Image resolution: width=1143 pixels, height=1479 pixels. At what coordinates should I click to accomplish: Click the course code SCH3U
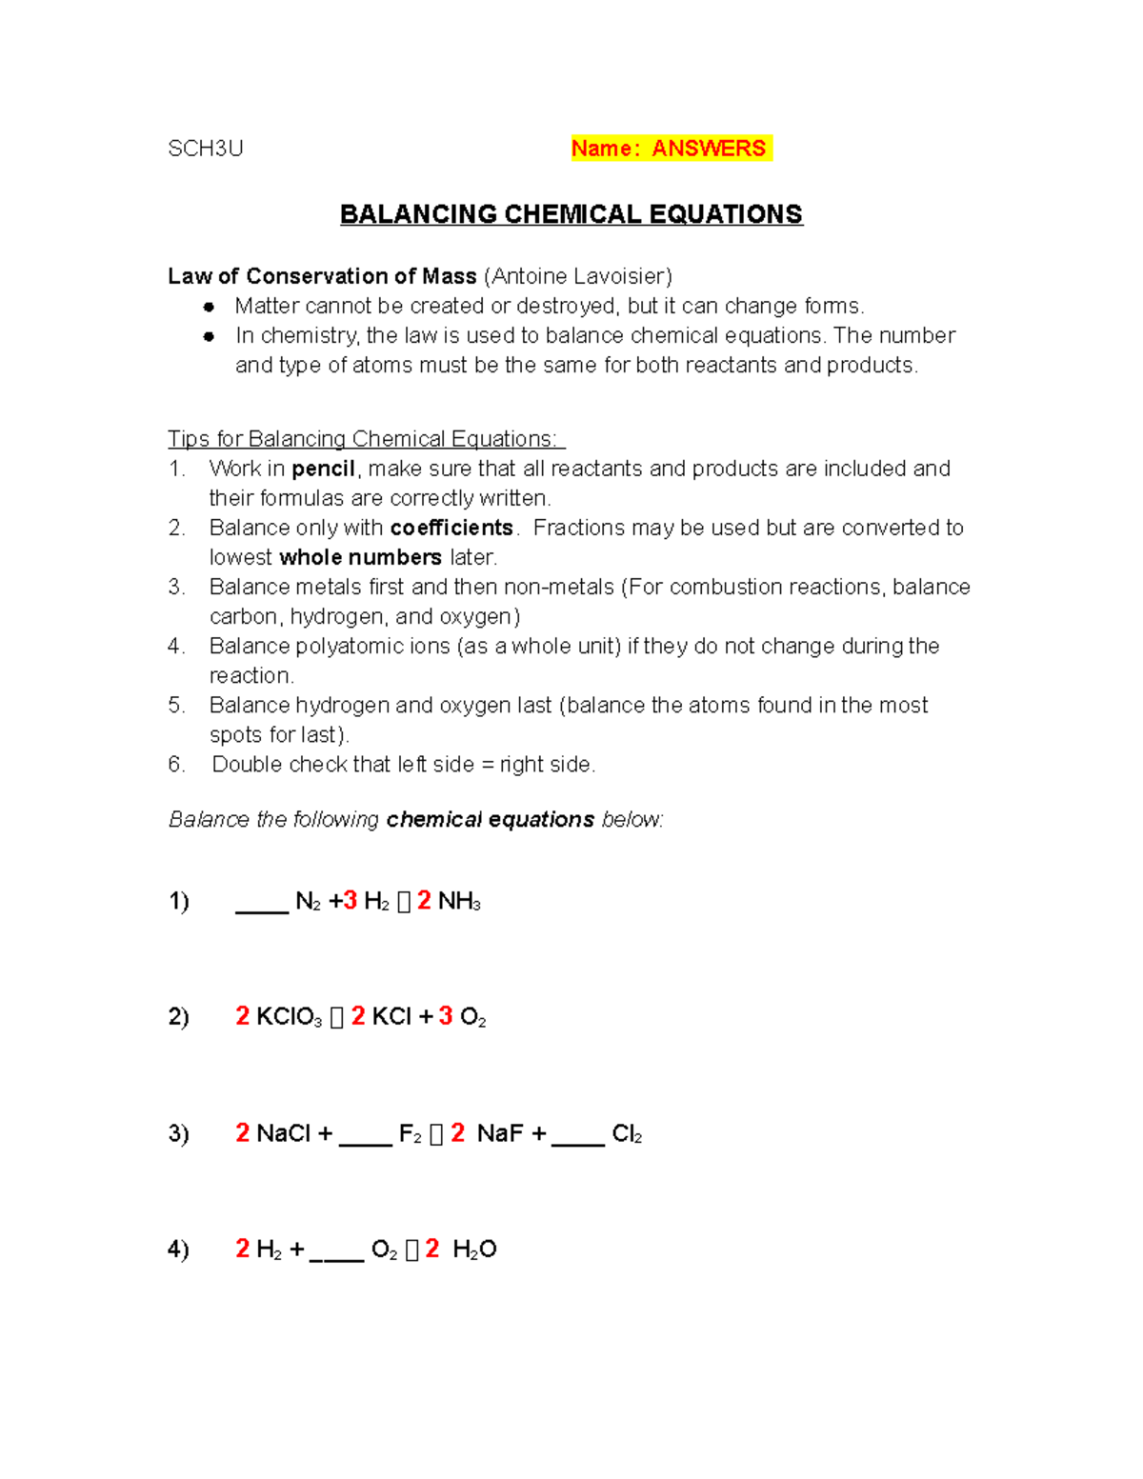(x=206, y=149)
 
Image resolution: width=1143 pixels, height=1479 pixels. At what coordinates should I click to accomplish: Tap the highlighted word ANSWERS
(x=709, y=149)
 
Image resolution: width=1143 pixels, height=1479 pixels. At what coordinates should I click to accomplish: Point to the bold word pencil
(x=323, y=469)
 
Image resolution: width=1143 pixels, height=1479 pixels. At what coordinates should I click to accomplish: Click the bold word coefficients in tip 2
(x=451, y=528)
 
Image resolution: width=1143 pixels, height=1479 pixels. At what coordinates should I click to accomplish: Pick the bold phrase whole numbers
(x=360, y=557)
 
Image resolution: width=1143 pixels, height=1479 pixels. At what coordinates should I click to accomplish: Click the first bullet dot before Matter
(x=209, y=307)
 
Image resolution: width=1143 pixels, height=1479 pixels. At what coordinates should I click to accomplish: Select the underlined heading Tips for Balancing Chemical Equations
(x=366, y=439)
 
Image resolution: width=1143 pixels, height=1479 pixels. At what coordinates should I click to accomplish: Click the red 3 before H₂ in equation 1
(x=351, y=901)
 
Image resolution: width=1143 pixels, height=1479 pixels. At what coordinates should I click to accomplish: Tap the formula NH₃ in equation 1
(x=459, y=902)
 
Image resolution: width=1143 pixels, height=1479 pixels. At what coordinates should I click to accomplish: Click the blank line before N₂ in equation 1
(x=262, y=905)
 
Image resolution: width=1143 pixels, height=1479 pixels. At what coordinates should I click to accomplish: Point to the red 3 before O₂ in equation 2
(x=446, y=1016)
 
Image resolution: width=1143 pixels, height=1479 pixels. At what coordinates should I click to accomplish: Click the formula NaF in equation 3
(x=500, y=1133)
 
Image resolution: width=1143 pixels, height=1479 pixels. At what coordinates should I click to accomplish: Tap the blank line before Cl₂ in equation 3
(x=578, y=1137)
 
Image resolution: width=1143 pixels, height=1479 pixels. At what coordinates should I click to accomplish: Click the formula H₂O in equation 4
(x=474, y=1249)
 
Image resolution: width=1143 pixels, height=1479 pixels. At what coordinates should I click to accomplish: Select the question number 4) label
(x=178, y=1249)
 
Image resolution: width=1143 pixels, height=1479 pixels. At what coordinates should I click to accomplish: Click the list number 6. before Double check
(x=176, y=765)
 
